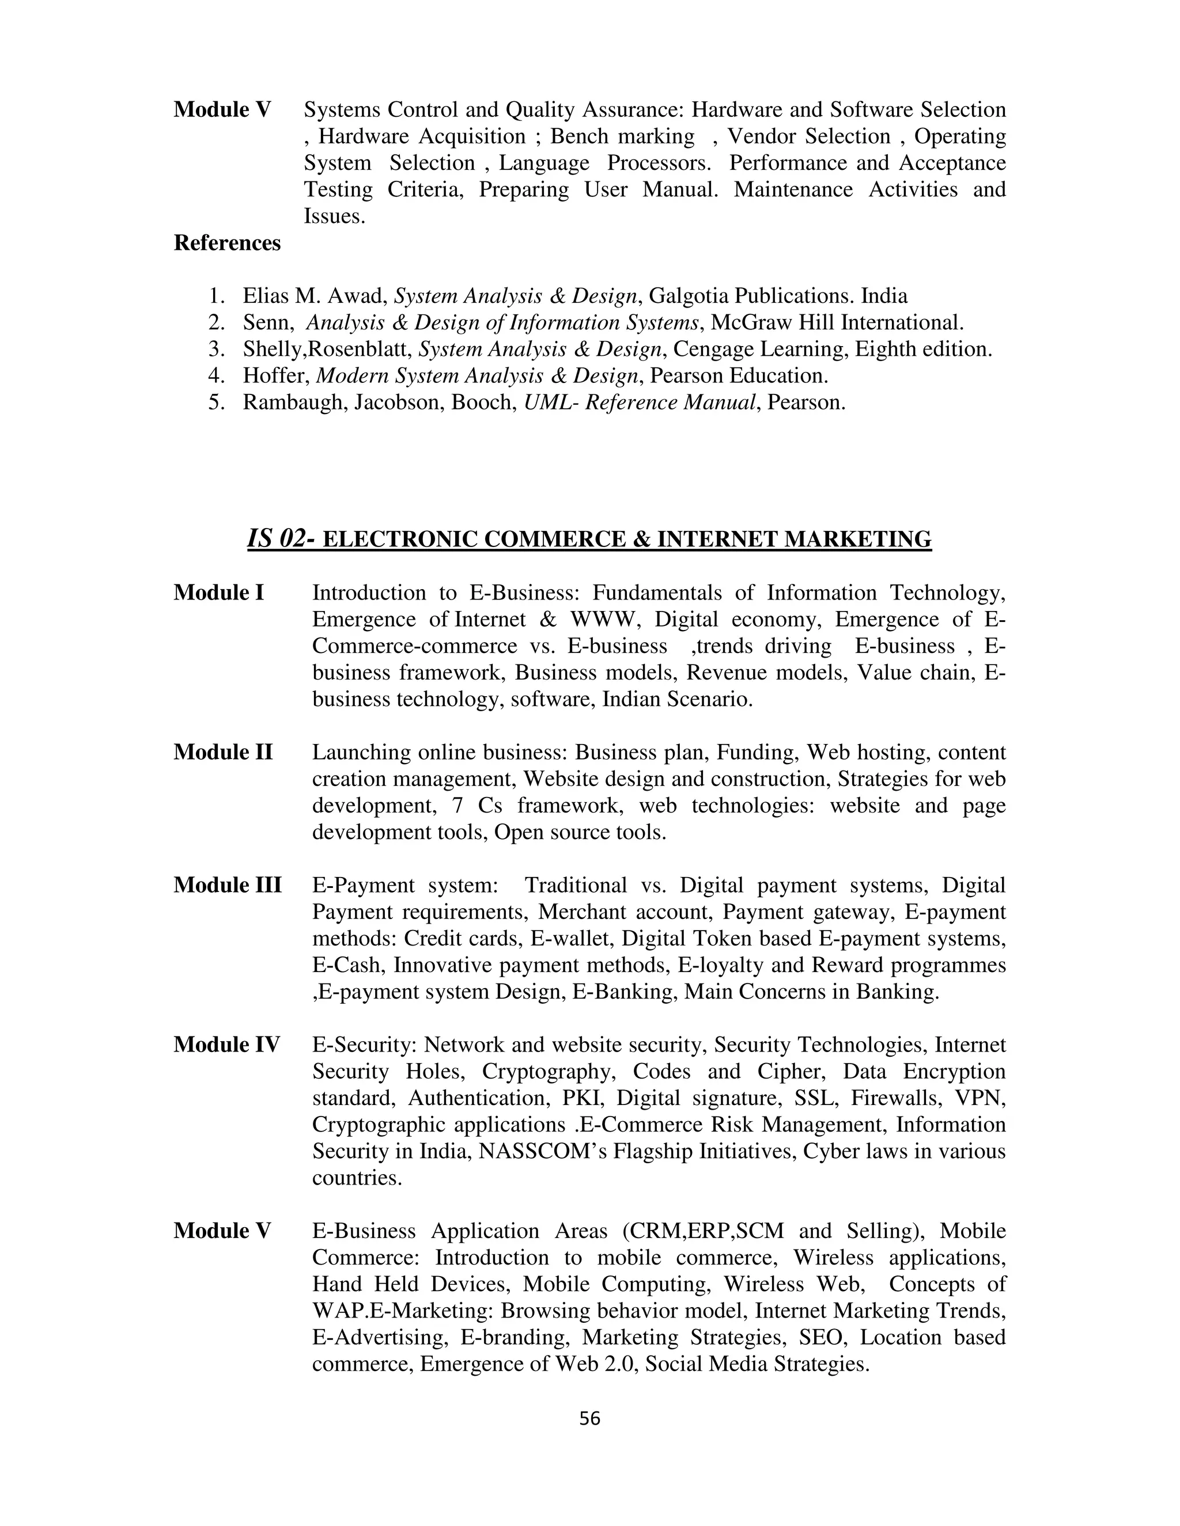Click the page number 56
click(589, 1418)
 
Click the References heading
click(227, 242)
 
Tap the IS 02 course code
click(276, 538)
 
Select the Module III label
click(227, 885)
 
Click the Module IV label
click(226, 1044)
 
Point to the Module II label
click(223, 752)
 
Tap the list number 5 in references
click(216, 403)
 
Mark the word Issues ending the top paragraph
click(334, 216)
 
